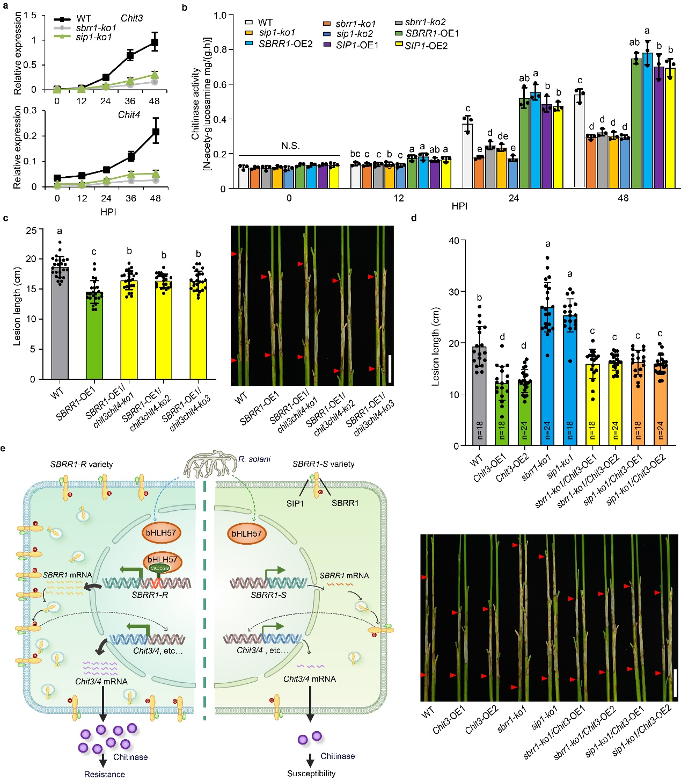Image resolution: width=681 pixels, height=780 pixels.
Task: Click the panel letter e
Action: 4,448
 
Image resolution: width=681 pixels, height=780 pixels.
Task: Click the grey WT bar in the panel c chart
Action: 60,322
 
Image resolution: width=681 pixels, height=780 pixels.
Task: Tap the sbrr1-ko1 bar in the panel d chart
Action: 548,376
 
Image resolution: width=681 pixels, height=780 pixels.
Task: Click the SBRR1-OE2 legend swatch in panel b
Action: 250,43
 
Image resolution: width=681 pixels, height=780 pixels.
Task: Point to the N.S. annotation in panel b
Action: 290,146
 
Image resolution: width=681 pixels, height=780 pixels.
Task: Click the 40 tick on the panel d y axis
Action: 453,240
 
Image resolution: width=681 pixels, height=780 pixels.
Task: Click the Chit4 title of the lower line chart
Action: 129,114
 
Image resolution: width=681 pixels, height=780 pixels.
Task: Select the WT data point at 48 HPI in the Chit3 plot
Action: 155,42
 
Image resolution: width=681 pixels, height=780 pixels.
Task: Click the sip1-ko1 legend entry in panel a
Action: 93,37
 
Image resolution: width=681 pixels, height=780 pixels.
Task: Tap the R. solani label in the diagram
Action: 254,459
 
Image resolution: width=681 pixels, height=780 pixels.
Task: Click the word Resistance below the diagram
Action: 105,774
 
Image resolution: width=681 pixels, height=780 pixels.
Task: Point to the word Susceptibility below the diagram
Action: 311,774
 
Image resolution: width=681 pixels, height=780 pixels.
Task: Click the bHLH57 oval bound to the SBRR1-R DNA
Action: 162,560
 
